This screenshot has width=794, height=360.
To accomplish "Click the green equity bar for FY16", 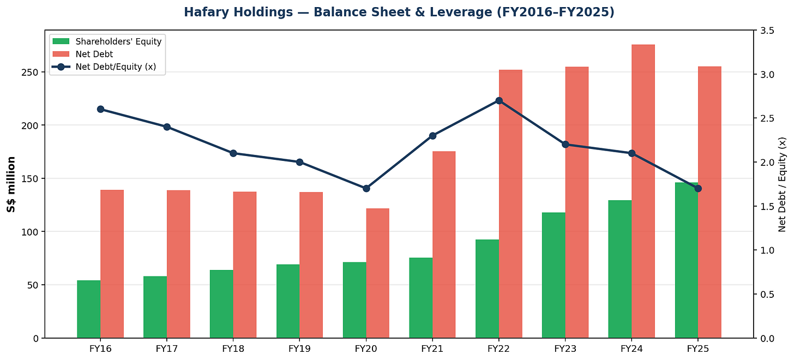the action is (x=88, y=309).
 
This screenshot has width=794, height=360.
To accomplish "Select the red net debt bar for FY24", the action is (x=643, y=191).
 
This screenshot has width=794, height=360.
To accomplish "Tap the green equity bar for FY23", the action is (x=554, y=275).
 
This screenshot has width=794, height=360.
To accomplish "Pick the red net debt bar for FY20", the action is (x=377, y=273).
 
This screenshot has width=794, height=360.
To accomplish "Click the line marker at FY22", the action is (x=499, y=101).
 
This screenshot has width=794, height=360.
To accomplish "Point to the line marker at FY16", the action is (x=100, y=109).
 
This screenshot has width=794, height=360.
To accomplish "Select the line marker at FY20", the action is (x=366, y=188).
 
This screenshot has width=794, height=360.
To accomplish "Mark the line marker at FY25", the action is (x=698, y=188).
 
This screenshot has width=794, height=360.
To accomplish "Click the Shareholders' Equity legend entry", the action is (x=107, y=41).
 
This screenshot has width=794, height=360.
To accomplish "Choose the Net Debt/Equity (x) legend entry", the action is (x=104, y=67).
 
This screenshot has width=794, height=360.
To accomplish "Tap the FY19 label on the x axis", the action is (x=299, y=349).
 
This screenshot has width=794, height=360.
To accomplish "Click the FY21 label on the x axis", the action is (x=432, y=349).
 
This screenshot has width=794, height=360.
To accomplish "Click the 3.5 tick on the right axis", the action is (x=767, y=31).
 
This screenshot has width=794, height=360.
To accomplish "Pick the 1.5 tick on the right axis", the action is (x=767, y=206).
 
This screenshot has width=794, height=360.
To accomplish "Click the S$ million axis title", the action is (x=11, y=184).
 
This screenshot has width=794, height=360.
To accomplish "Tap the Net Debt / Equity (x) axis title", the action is (x=782, y=184).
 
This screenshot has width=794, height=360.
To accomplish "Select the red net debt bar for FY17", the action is (x=178, y=264).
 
